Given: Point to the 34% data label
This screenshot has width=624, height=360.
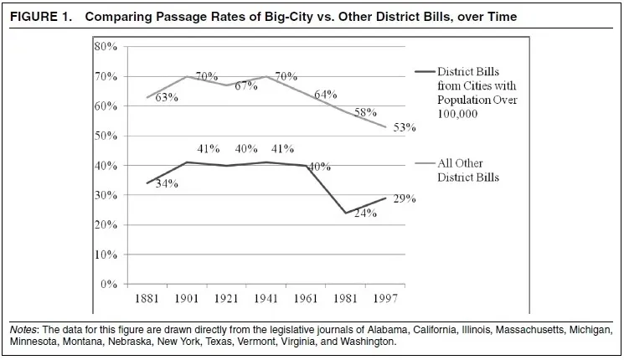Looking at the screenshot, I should pyautogui.click(x=167, y=183).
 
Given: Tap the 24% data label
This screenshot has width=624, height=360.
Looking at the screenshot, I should pyautogui.click(x=364, y=213).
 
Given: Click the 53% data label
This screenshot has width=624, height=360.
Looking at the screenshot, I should pyautogui.click(x=405, y=128).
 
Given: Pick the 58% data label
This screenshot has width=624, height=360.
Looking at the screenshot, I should pyautogui.click(x=364, y=112).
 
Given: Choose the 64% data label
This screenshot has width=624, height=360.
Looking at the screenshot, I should pyautogui.click(x=325, y=95).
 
